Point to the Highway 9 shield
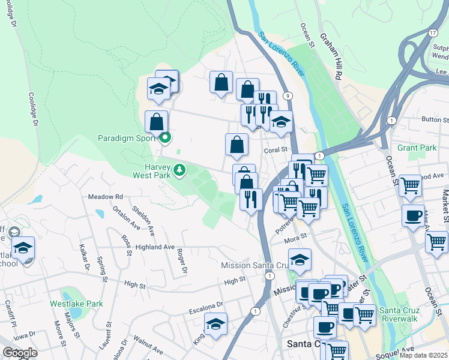pos(288,95)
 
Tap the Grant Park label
pos(417,148)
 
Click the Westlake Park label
pos(76,304)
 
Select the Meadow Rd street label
pos(105,196)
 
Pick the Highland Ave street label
pos(155,247)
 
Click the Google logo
pos(20,353)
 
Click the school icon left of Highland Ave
pos(23,248)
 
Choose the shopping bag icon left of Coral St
pos(237,144)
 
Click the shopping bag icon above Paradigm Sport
pos(156,122)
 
